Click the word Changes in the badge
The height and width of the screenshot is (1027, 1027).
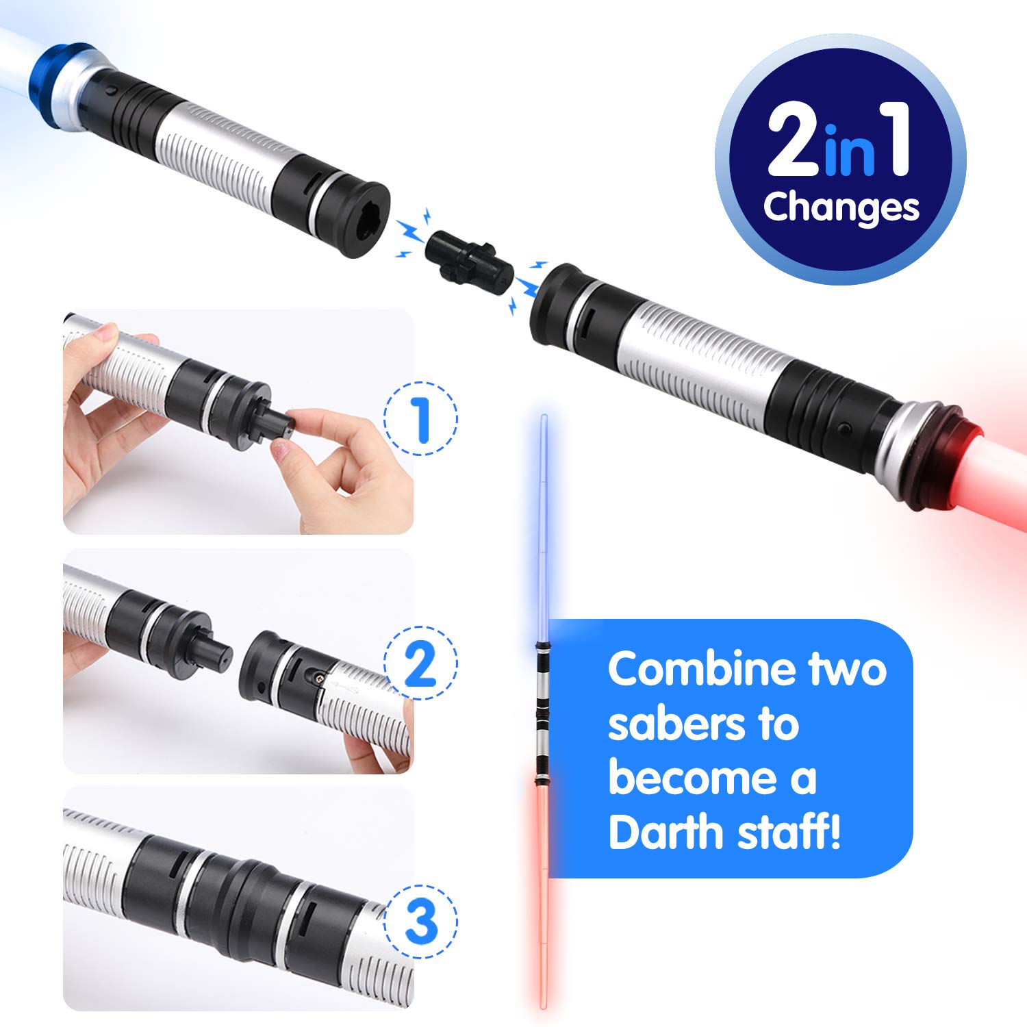pyautogui.click(x=841, y=207)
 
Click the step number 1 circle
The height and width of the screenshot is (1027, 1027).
pyautogui.click(x=420, y=418)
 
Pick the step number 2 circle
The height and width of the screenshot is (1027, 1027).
pyautogui.click(x=420, y=663)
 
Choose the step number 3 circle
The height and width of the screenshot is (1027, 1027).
pyautogui.click(x=420, y=922)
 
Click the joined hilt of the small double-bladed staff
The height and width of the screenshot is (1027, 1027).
pyautogui.click(x=542, y=712)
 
